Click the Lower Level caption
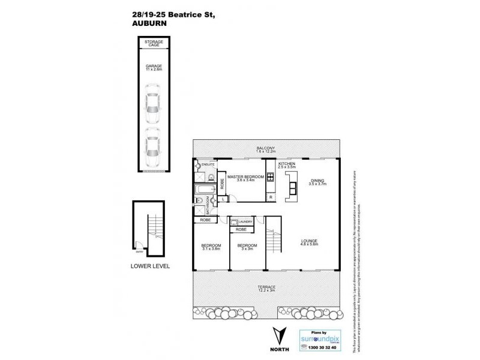tap(151, 265)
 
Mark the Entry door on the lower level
tap(139, 244)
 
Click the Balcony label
tap(266, 149)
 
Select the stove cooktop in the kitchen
tap(271, 177)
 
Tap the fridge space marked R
tap(271, 196)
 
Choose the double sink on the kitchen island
tap(293, 188)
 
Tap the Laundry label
tap(246, 221)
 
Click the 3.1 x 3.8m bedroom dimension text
tap(211, 249)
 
